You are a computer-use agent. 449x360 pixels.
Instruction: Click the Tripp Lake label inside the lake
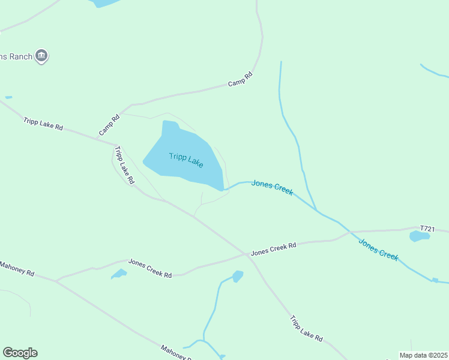pos(186,160)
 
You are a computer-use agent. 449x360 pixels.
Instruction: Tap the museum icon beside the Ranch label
pos(41,56)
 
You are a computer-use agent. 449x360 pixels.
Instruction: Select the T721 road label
pos(427,229)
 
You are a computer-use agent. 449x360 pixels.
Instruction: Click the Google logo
pos(20,353)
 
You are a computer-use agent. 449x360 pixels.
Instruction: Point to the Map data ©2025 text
pos(423,355)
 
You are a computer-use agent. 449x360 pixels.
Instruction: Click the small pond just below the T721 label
pos(420,236)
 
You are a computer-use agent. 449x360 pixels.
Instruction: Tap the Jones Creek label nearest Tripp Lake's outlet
pos(272,187)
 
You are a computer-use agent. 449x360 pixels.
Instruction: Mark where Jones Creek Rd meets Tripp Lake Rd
pos(247,254)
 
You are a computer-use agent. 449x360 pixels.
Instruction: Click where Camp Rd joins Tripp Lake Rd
pos(116,143)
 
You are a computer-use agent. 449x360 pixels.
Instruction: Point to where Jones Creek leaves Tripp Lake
pos(224,190)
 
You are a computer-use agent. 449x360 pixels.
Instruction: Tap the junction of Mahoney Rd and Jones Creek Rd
pos(56,280)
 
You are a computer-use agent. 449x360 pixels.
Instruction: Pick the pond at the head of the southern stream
pos(238,276)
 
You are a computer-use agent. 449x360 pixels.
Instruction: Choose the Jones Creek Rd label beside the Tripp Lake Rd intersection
pos(274,249)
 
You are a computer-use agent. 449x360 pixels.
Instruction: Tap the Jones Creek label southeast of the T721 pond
pos(378,249)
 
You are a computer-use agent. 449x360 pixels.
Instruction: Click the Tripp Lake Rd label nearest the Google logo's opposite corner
pos(306,329)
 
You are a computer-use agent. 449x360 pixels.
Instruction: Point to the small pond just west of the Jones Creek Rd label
pos(119,274)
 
